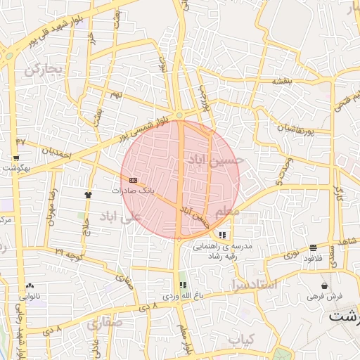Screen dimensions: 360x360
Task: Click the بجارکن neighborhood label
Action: click(x=44, y=70)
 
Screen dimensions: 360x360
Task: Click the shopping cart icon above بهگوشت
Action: click(x=15, y=158)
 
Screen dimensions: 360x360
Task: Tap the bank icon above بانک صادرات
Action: click(x=133, y=181)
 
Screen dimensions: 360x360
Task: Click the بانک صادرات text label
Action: click(x=133, y=191)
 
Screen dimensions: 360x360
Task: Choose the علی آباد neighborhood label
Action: click(x=121, y=214)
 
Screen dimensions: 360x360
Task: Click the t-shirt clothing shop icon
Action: click(x=88, y=194)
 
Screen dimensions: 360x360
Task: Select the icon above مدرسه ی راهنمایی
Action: click(x=222, y=235)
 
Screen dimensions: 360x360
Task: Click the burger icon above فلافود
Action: click(x=312, y=247)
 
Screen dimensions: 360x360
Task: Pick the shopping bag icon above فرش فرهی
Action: click(x=323, y=286)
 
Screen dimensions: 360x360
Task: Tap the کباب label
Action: click(x=240, y=339)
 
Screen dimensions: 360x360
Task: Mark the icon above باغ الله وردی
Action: click(x=183, y=285)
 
